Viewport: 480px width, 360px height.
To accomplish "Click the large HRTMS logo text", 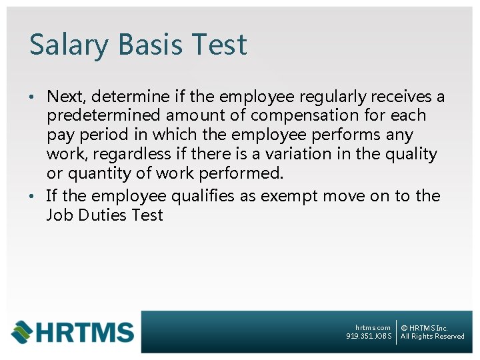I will point(83,332).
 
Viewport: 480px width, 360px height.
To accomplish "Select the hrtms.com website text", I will point(373,327).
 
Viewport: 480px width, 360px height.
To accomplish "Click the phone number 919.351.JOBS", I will point(369,337).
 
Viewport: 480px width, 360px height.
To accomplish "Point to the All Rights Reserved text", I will point(432,337).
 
